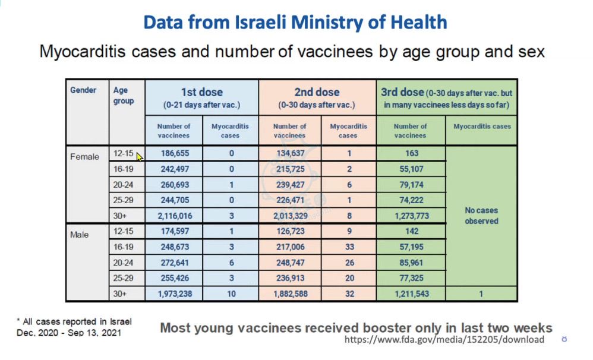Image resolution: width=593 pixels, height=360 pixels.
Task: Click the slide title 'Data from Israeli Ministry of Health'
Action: pyautogui.click(x=295, y=23)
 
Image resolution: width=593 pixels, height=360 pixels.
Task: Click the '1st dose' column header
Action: pyautogui.click(x=201, y=92)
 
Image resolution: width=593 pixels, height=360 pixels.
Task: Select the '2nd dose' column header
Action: pyautogui.click(x=317, y=92)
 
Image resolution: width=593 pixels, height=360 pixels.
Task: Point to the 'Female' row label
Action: pyautogui.click(x=85, y=157)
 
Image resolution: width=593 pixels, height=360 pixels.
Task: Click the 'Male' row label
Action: pyautogui.click(x=79, y=235)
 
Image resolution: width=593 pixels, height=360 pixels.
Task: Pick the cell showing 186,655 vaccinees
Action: pyautogui.click(x=174, y=153)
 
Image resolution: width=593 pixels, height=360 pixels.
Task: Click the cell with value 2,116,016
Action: pyautogui.click(x=174, y=215)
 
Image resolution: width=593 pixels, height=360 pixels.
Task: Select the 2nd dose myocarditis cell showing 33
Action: pyautogui.click(x=349, y=247)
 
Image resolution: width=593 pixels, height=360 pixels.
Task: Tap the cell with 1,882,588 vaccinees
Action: pyautogui.click(x=289, y=293)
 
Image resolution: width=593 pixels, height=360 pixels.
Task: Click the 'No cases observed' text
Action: pyautogui.click(x=482, y=216)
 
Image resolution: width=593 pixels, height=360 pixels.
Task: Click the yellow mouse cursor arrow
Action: pyautogui.click(x=140, y=157)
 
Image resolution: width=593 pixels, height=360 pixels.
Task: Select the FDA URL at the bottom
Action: pyautogui.click(x=444, y=340)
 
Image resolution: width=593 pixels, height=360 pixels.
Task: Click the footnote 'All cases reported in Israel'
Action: pyautogui.click(x=74, y=321)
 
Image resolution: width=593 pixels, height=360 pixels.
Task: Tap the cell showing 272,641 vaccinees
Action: pyautogui.click(x=174, y=262)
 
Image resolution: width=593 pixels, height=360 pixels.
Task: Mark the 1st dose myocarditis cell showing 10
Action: pyautogui.click(x=231, y=293)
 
